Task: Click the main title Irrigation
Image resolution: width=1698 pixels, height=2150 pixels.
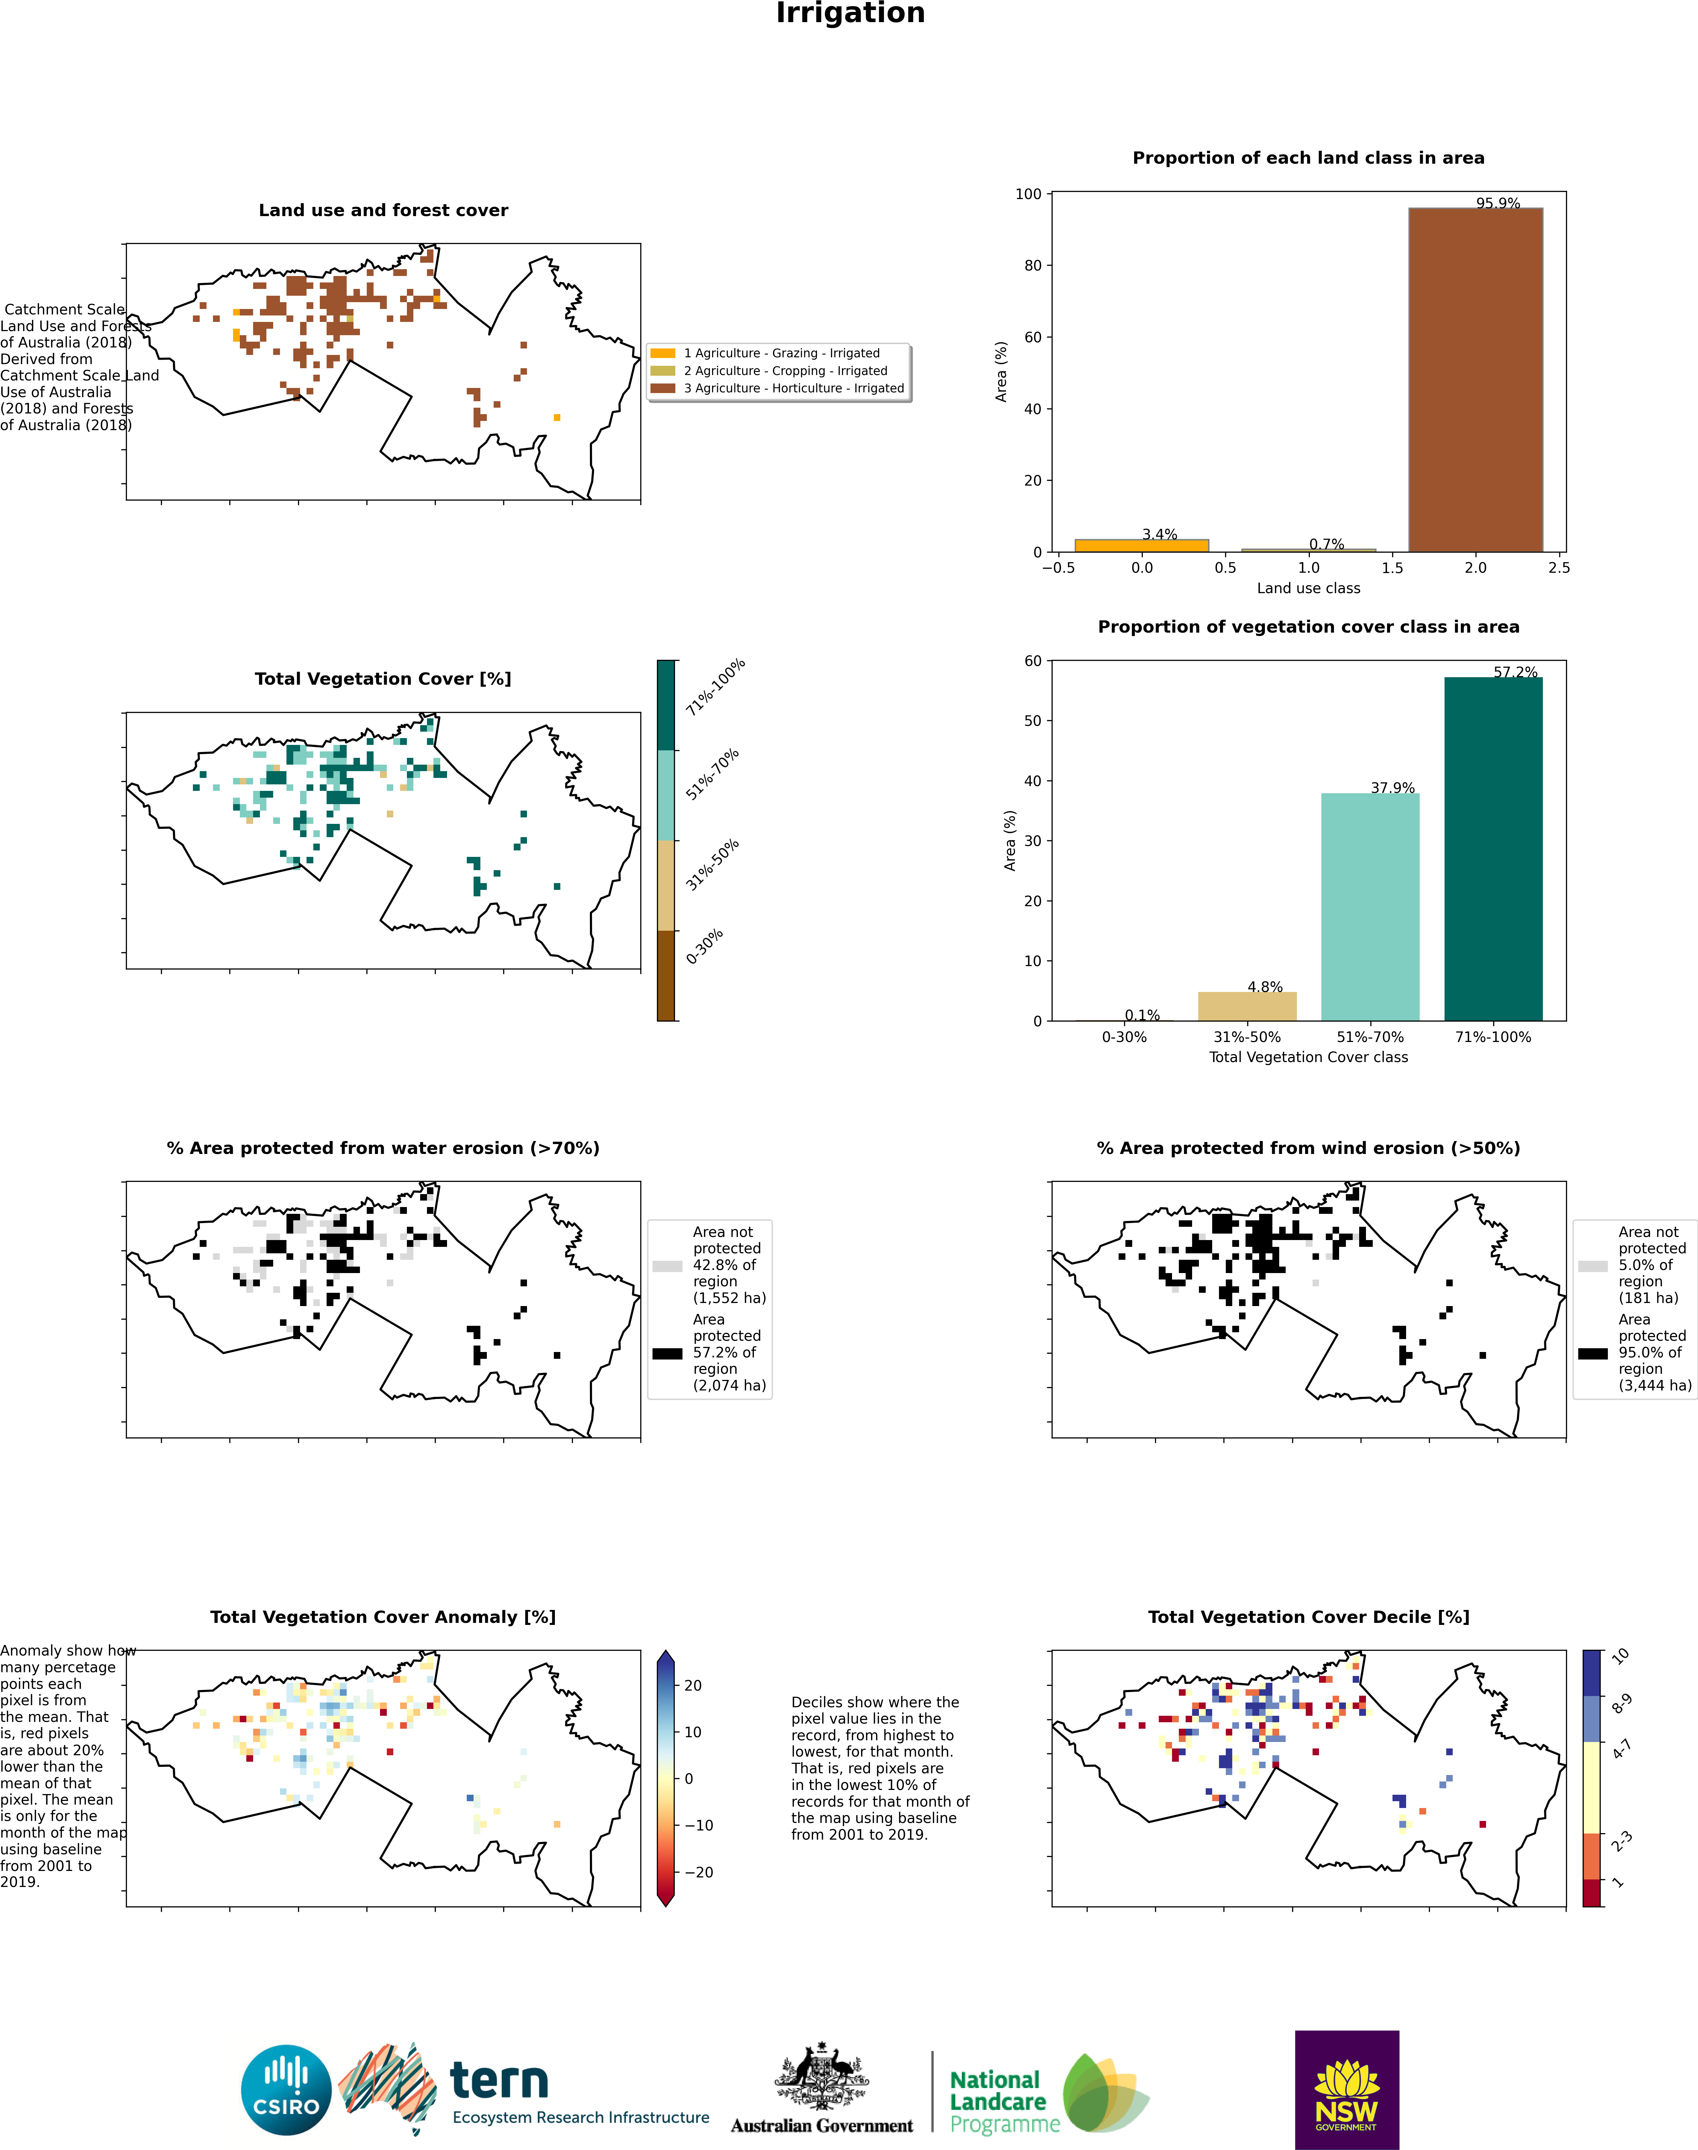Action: (850, 14)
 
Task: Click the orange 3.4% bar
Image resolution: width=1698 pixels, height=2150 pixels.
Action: (1141, 545)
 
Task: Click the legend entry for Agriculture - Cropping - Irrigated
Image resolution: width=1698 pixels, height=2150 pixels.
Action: (785, 371)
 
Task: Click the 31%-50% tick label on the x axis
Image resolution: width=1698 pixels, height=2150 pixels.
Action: (1247, 1037)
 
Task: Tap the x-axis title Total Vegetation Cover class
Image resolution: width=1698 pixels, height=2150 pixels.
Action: (1308, 1057)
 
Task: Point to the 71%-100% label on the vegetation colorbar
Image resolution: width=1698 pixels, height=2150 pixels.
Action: (715, 687)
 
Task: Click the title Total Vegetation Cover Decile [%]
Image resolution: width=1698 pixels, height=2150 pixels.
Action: (1308, 1617)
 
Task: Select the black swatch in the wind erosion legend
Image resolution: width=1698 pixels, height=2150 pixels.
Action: (1593, 1353)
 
